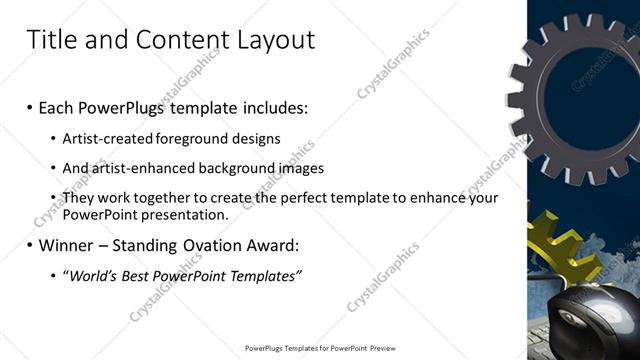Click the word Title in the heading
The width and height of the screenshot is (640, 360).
[x=52, y=40]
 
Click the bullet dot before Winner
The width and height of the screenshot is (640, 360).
[x=30, y=245]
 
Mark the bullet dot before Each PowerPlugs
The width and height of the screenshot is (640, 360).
[x=30, y=107]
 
